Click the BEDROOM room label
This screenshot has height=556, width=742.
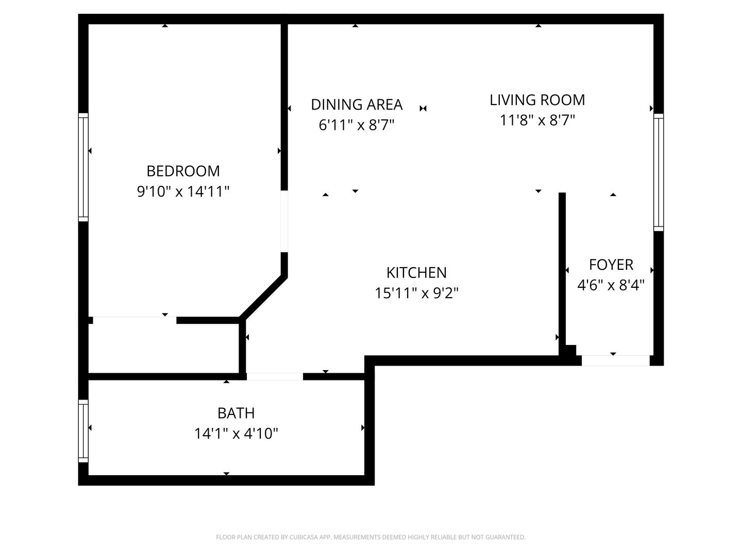click(x=183, y=170)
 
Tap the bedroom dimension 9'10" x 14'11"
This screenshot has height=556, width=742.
click(x=183, y=192)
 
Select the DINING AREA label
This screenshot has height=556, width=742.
click(x=356, y=105)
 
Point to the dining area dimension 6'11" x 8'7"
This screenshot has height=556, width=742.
click(x=356, y=125)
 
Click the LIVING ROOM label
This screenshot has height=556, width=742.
click(x=537, y=100)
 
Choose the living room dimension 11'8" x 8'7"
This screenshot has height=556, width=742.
click(x=537, y=120)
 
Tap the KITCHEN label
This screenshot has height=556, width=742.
click(x=416, y=272)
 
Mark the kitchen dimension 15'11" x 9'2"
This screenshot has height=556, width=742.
click(x=416, y=293)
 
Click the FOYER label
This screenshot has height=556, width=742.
click(x=611, y=265)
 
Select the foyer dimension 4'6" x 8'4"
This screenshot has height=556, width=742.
click(x=611, y=285)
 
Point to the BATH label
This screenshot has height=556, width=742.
click(x=235, y=413)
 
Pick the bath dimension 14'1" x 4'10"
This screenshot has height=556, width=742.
click(x=235, y=434)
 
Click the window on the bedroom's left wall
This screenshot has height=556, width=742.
click(x=83, y=167)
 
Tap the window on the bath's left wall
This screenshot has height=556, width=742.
click(x=83, y=431)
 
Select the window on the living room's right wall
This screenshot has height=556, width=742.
click(x=659, y=172)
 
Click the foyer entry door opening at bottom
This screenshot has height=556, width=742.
click(x=615, y=360)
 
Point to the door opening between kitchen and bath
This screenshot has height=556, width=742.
click(x=275, y=376)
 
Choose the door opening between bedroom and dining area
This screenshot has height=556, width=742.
click(x=284, y=221)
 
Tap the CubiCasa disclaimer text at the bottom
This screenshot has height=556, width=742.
click(x=370, y=537)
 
